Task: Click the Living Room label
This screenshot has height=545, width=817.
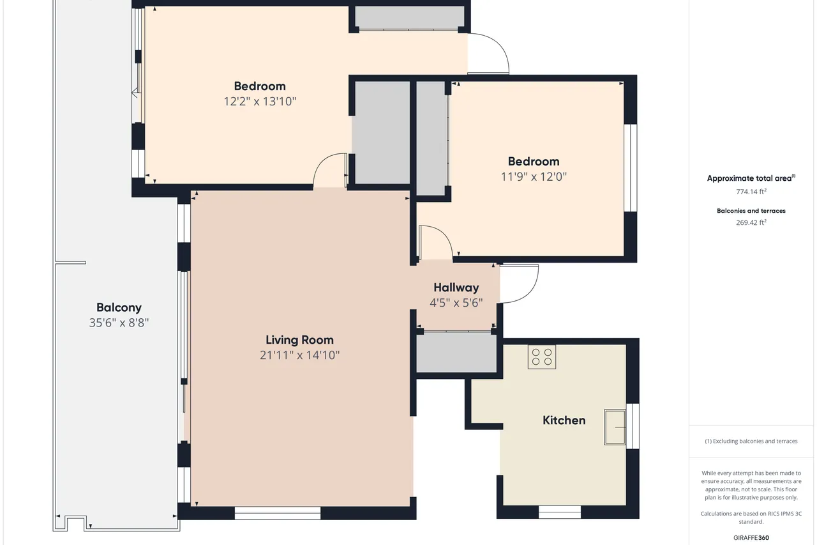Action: click(299, 340)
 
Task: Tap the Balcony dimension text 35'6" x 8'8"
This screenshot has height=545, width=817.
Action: click(119, 323)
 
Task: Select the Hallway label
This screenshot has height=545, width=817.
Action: click(456, 288)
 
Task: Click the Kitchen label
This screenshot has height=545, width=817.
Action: click(564, 420)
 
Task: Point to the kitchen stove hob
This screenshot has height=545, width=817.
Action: click(542, 357)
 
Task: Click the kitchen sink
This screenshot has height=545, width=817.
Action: click(615, 427)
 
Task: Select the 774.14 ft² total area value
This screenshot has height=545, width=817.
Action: click(751, 192)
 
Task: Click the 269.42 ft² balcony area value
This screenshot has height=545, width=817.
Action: click(751, 222)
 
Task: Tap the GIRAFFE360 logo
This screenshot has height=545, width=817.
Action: click(751, 537)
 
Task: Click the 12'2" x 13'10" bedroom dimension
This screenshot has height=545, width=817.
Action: click(260, 101)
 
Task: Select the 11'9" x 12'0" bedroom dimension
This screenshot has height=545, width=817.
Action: click(534, 177)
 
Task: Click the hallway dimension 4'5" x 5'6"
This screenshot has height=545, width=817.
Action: click(456, 303)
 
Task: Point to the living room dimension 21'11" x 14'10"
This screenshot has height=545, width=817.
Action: click(299, 355)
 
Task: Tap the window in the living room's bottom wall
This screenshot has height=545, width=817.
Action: click(277, 513)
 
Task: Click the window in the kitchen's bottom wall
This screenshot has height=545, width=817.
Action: click(560, 512)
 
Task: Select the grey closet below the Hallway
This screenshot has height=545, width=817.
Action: click(456, 352)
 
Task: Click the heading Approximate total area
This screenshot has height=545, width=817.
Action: click(751, 178)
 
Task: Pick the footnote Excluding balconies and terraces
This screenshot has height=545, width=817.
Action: click(751, 441)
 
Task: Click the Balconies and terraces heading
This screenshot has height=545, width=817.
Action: click(751, 211)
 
